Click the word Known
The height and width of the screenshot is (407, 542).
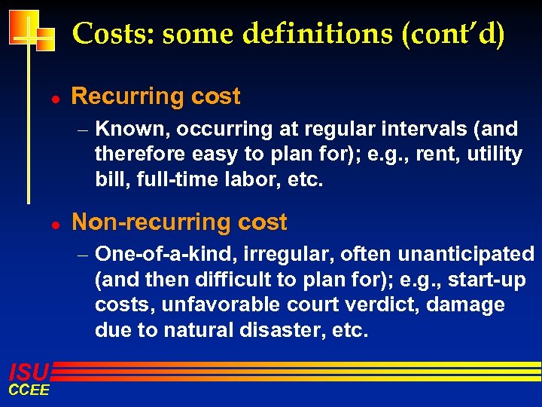pyautogui.click(x=135, y=130)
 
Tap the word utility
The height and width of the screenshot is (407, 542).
pyautogui.click(x=493, y=155)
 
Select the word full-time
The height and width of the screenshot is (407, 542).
pyautogui.click(x=169, y=180)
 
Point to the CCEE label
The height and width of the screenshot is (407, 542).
pyautogui.click(x=29, y=390)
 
